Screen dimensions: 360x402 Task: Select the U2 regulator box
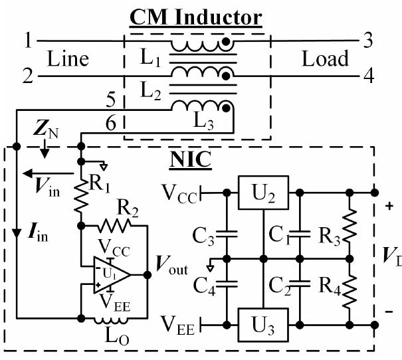(263, 192)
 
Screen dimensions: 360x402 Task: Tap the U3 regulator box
(263, 324)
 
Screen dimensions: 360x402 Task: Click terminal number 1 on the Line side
(28, 41)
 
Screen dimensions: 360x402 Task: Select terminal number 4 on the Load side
(367, 76)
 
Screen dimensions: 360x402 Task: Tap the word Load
(325, 58)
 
